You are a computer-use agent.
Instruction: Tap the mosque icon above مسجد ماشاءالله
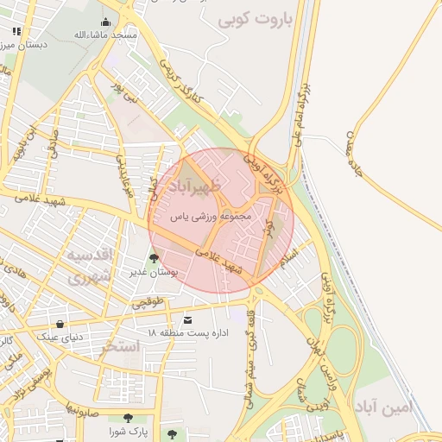[106, 22]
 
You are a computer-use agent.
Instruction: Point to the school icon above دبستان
[16, 32]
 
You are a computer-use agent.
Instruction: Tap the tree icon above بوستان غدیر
[154, 257]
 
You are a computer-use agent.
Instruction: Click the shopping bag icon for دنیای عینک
[60, 324]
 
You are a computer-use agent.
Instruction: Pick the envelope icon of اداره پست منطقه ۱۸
[188, 320]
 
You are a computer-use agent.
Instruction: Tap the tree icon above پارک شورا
[129, 417]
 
